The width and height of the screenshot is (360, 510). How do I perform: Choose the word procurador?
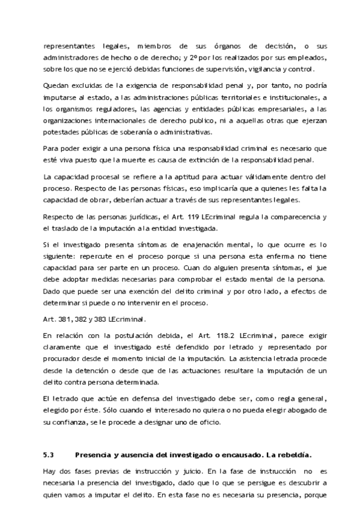[x=63, y=358]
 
